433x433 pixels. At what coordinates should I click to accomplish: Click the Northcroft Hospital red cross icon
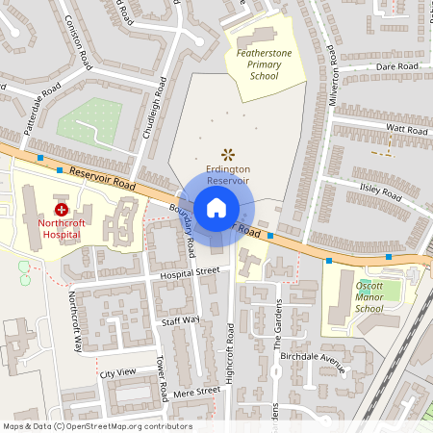point(62,208)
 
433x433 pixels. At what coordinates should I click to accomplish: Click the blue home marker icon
point(216,208)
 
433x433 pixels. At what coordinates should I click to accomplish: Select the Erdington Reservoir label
point(228,174)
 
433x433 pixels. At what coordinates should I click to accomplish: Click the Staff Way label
point(180,320)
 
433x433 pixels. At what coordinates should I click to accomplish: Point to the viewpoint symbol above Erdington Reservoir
point(228,153)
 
